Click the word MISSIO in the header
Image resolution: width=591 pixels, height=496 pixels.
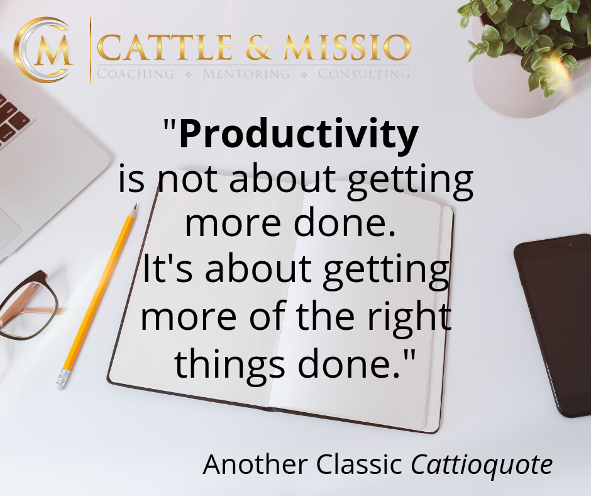(x=347, y=48)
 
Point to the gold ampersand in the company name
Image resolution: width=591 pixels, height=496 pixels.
(x=258, y=48)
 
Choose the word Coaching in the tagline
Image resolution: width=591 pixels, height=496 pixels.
(x=135, y=74)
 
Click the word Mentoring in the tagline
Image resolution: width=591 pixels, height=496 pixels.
(x=246, y=74)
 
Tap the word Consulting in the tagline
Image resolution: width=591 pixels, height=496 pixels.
(x=364, y=74)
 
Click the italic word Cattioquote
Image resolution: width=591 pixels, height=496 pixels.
(x=482, y=465)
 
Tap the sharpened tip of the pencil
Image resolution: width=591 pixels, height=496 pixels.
(x=136, y=205)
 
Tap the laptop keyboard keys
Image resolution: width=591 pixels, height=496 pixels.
(x=11, y=120)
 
